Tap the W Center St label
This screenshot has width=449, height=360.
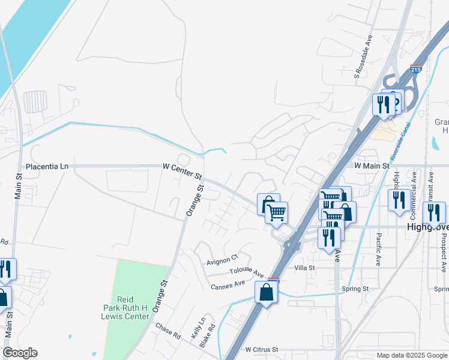click(182, 170)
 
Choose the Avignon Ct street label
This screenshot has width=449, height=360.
click(223, 260)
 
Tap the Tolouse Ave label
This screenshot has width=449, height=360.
click(246, 272)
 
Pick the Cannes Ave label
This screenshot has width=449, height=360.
click(228, 284)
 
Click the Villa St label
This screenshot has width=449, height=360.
click(304, 268)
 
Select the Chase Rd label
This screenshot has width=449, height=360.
click(168, 331)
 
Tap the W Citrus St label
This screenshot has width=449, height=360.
click(262, 349)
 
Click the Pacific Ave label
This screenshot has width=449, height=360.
click(379, 250)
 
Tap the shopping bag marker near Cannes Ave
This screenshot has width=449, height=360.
click(266, 293)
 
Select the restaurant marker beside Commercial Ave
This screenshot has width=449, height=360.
click(399, 200)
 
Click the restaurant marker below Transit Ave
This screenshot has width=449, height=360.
click(433, 213)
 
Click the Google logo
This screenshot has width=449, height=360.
click(20, 353)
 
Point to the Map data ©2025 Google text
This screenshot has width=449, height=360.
click(411, 355)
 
